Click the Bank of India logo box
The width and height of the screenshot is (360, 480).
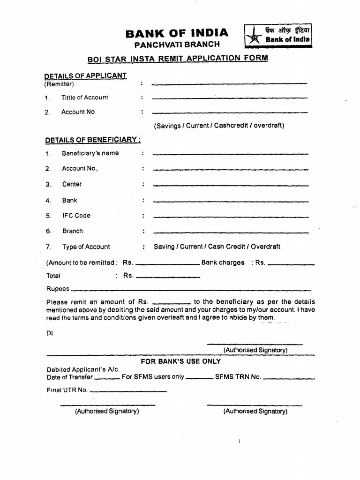click(278, 36)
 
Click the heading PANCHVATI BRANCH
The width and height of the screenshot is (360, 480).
click(177, 45)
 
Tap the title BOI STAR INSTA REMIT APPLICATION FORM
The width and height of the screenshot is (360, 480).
click(178, 58)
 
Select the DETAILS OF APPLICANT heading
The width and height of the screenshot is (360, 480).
click(85, 75)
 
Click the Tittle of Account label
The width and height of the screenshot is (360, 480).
click(84, 97)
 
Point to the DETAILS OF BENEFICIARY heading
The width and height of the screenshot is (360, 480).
click(93, 140)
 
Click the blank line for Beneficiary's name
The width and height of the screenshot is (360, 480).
click(231, 154)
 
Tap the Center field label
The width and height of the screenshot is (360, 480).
click(72, 184)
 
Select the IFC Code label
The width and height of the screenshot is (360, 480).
click(76, 216)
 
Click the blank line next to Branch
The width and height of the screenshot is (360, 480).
click(231, 232)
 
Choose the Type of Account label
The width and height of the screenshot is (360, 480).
click(86, 247)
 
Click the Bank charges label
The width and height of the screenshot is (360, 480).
click(223, 262)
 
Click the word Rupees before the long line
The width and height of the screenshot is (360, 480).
click(58, 289)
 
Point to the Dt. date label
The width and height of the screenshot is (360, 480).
click(50, 333)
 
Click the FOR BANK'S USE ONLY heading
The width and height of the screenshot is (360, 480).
click(181, 361)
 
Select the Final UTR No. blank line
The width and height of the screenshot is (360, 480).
click(128, 391)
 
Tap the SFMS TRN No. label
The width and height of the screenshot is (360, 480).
click(238, 377)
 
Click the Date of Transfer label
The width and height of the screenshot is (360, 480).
click(70, 377)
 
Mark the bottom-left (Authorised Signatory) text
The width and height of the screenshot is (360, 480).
click(107, 411)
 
